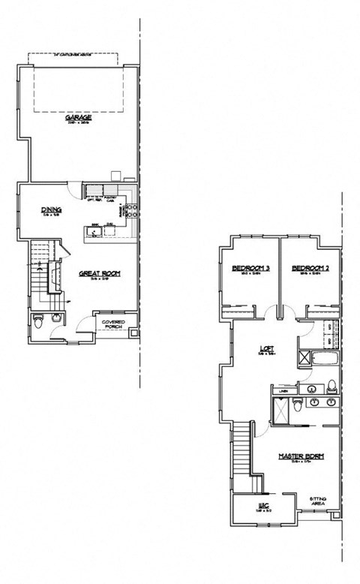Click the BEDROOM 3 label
(250, 269)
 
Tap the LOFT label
(264, 349)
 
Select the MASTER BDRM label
(295, 456)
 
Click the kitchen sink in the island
(95, 232)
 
